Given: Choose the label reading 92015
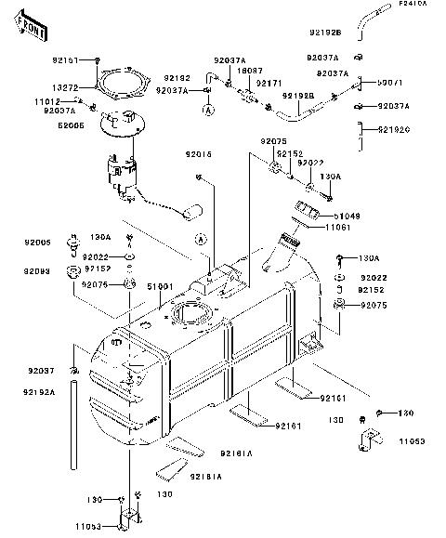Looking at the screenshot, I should (198, 152).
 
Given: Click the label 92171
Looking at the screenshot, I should (269, 83).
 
